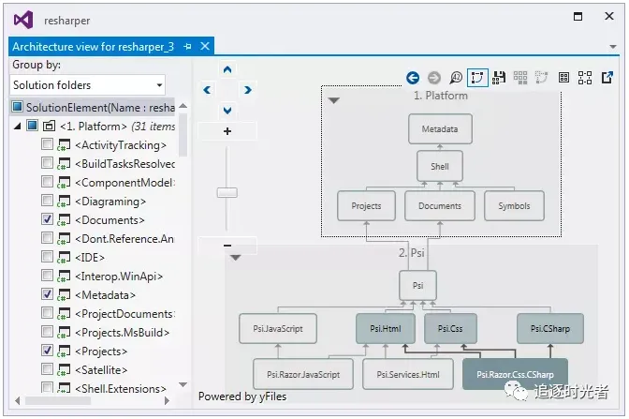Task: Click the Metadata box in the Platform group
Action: [440, 128]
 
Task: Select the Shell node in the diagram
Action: [440, 167]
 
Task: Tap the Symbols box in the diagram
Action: [514, 206]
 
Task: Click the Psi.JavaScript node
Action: [278, 329]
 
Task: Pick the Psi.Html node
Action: [386, 329]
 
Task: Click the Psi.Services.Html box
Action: [408, 375]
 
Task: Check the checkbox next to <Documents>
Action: [48, 219]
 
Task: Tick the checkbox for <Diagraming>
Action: [48, 201]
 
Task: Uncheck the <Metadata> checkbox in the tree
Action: [48, 294]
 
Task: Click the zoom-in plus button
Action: [227, 132]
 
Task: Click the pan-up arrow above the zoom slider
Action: [227, 68]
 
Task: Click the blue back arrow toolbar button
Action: [413, 78]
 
